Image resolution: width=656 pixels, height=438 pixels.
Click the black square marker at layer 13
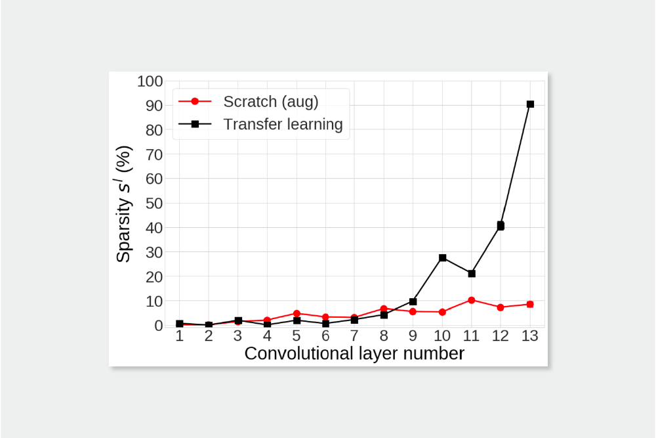coord(530,104)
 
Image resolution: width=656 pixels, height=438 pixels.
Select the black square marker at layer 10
coord(443,258)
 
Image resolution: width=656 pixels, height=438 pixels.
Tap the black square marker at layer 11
coord(472,274)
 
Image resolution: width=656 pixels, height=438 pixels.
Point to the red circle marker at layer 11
coord(472,300)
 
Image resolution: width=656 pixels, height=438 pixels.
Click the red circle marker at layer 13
coord(530,304)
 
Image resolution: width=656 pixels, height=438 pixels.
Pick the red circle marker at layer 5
coord(297,313)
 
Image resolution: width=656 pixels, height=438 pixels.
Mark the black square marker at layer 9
coord(413,301)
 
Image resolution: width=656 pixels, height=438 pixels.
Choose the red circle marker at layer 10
coord(443,312)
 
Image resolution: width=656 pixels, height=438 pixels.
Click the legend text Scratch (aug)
coord(270,102)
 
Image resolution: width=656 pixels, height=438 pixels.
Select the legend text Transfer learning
coord(283,124)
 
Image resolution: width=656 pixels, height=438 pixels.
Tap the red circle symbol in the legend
coord(194,102)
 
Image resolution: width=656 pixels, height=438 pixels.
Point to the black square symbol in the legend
coord(194,124)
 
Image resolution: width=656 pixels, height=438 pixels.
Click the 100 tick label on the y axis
coord(150,81)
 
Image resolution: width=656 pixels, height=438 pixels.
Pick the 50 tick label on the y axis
coord(154,203)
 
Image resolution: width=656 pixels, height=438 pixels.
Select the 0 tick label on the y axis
coord(157,325)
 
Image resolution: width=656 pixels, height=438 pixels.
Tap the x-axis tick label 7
coord(355,336)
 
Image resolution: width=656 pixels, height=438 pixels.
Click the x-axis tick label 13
coord(530,336)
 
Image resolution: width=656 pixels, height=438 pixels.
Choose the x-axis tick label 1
coord(180,336)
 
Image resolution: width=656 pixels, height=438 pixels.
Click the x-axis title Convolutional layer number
coord(354,354)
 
